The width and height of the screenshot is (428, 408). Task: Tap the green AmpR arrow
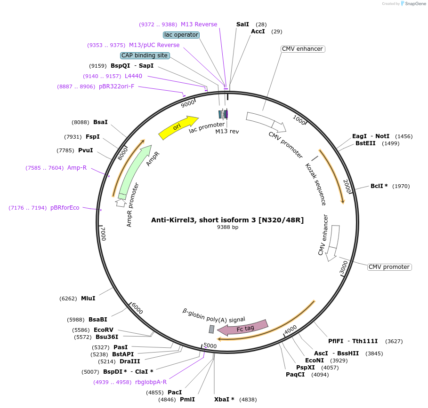pyautogui.click(x=136, y=171)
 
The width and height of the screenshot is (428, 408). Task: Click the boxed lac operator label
pyautogui.click(x=181, y=35)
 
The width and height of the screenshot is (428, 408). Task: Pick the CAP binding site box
pyautogui.click(x=145, y=55)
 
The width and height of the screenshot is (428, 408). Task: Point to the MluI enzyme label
pyautogui.click(x=88, y=298)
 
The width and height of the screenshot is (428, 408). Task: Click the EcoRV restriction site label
pyautogui.click(x=104, y=330)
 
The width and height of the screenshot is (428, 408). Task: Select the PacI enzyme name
pyautogui.click(x=175, y=392)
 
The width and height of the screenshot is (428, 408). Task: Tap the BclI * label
pyautogui.click(x=379, y=186)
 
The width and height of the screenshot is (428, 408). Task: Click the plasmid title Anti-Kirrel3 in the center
pyautogui.click(x=227, y=220)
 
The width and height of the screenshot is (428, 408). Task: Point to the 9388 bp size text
pyautogui.click(x=227, y=228)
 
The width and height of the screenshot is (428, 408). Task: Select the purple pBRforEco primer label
pyautogui.click(x=65, y=208)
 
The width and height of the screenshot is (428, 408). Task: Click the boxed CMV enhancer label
pyautogui.click(x=302, y=49)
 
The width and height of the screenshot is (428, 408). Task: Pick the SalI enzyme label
pyautogui.click(x=242, y=24)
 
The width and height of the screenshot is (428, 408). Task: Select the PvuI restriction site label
pyautogui.click(x=85, y=150)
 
